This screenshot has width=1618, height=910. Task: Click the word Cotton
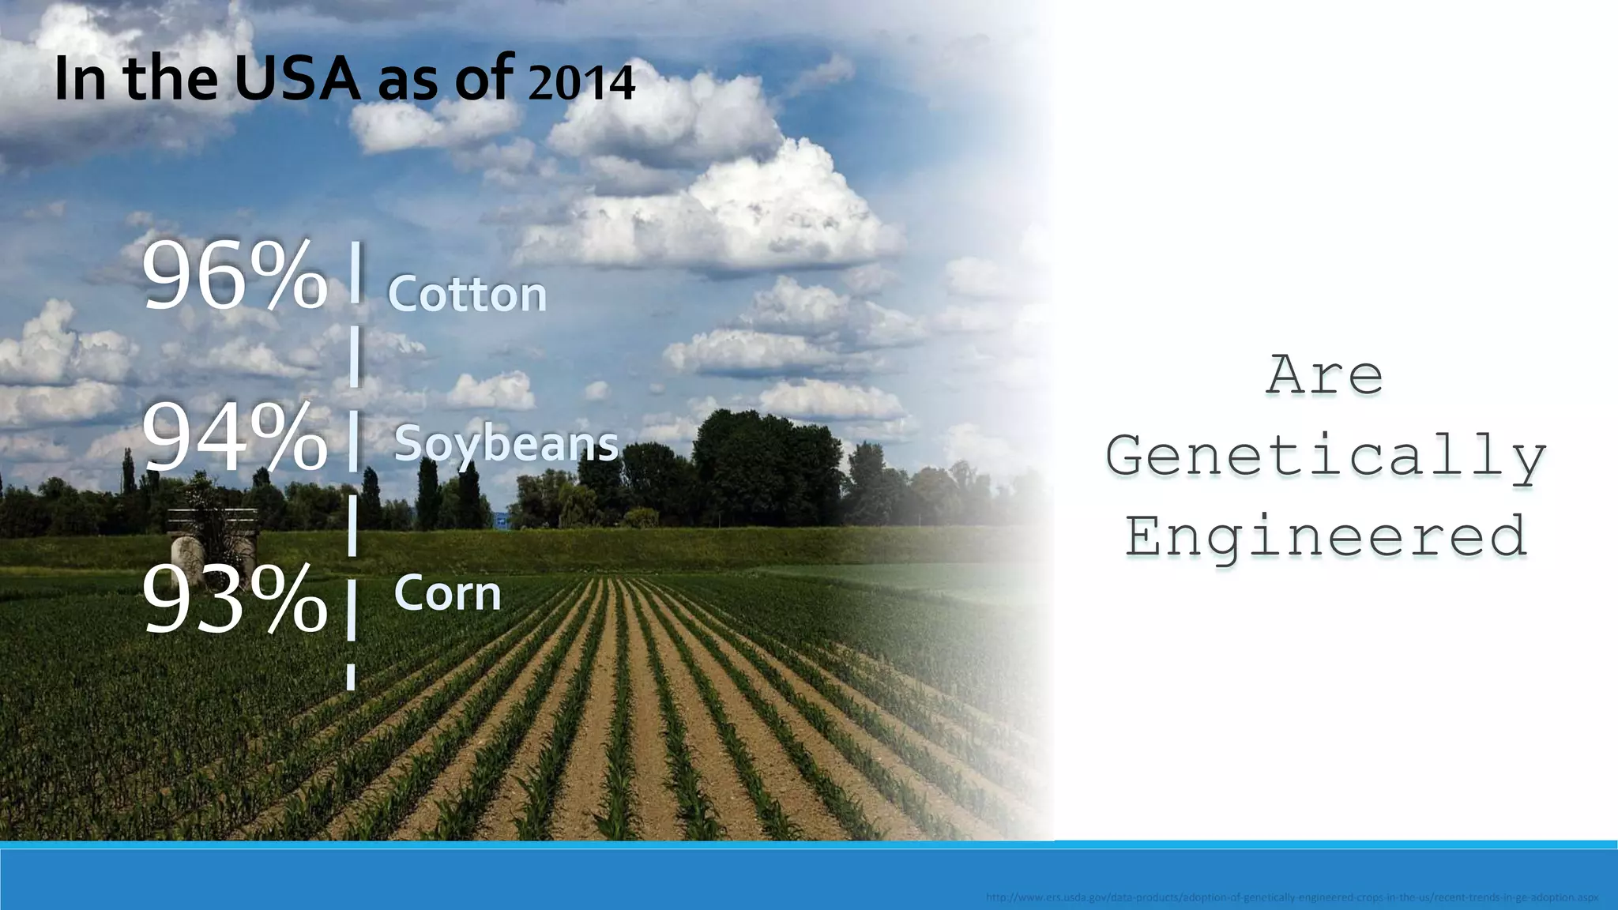click(467, 295)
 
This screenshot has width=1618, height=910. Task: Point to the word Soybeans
click(506, 444)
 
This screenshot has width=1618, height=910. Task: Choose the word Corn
click(447, 593)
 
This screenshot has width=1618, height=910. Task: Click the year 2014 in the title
click(581, 84)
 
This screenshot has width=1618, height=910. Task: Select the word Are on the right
click(1325, 376)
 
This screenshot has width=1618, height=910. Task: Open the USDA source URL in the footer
click(1292, 898)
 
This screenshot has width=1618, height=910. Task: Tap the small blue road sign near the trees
click(501, 521)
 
